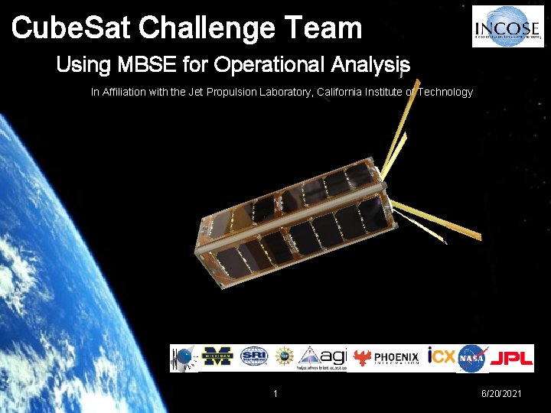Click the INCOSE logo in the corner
[x=507, y=26]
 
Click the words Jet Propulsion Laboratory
[x=249, y=92]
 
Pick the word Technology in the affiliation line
[x=445, y=92]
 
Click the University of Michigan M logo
[x=217, y=357]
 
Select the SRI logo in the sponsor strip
[x=253, y=357]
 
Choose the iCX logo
[x=441, y=356]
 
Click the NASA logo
[x=473, y=357]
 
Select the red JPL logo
[x=511, y=358]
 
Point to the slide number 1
[x=275, y=393]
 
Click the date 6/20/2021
[x=501, y=393]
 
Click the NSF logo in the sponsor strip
[x=285, y=357]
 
